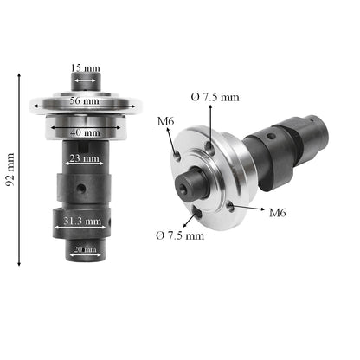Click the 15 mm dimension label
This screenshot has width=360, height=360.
point(85,67)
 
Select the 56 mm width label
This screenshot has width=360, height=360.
point(85,101)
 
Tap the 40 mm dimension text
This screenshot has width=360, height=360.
point(85,132)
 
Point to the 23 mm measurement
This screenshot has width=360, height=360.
point(85,158)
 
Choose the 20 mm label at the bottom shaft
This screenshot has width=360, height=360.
point(85,250)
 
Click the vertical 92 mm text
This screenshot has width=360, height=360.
point(10,170)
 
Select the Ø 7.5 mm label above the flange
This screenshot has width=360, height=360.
point(215,97)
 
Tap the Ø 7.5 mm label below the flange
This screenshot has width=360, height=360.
point(180,235)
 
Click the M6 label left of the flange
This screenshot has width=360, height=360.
point(165,122)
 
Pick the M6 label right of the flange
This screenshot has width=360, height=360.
point(278,212)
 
